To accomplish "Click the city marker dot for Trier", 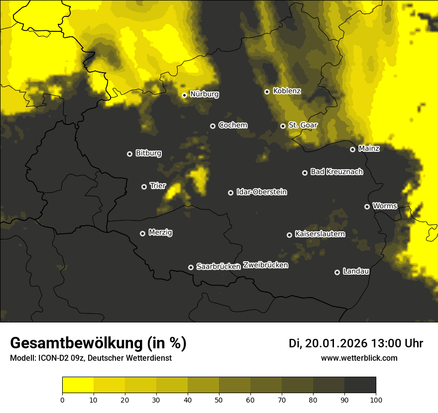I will coord(144,187).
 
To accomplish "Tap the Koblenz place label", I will coord(287,91).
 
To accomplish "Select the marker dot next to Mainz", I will coord(353,149).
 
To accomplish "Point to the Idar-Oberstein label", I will coord(262,192).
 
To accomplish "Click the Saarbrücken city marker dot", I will coord(191,267).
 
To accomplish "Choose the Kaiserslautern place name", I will coord(320,234).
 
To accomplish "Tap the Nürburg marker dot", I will coord(185,95).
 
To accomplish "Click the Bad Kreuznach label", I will coord(336,172).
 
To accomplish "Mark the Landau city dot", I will coord(337,272).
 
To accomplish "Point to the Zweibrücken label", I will coord(265,265).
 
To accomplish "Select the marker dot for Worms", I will coord(367,206).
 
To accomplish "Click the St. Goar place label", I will coord(303,125).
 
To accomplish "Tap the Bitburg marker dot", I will coord(130,154).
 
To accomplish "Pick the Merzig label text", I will coord(160,232).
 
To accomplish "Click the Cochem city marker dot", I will coord(213,126).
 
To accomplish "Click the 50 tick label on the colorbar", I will coord(219,399).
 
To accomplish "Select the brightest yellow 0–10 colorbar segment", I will coord(78,385).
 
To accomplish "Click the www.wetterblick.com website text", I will coord(359,358).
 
